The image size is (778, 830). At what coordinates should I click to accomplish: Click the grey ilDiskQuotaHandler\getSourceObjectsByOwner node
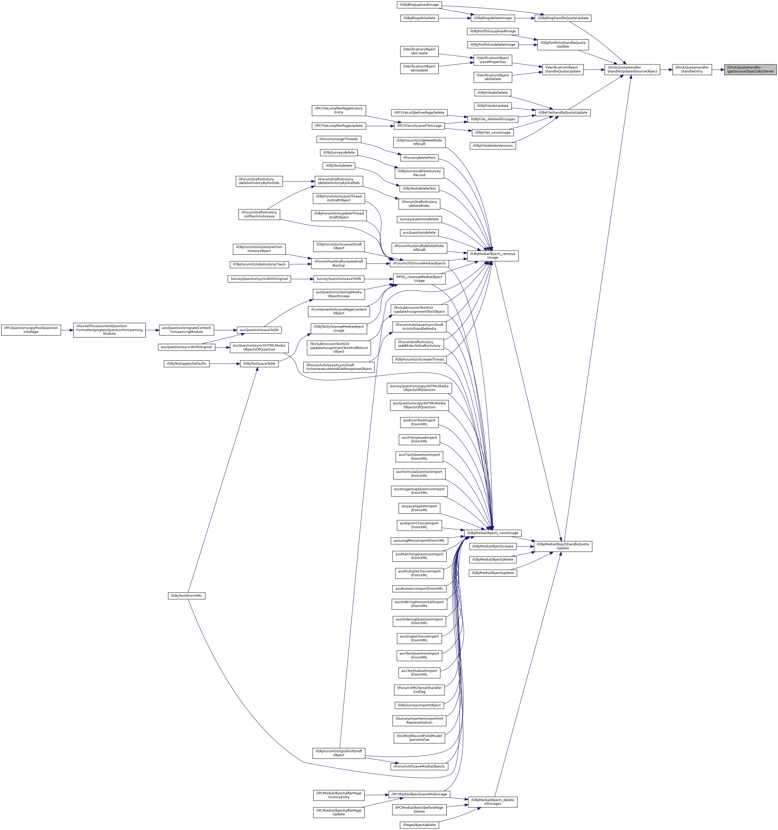[x=750, y=69]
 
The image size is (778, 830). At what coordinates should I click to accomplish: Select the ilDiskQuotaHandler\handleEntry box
[x=692, y=69]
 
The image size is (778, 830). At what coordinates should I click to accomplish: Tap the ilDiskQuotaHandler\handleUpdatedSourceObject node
[x=632, y=69]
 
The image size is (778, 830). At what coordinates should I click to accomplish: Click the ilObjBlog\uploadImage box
[x=419, y=4]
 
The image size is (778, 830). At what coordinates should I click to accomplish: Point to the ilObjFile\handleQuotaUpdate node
[x=562, y=112]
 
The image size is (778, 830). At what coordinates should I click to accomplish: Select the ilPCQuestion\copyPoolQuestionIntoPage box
[x=31, y=330]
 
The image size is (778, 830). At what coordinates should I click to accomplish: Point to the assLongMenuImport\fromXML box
[x=419, y=540]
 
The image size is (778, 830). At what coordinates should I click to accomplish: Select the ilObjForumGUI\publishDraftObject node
[x=339, y=753]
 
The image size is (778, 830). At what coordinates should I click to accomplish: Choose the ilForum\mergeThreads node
[x=339, y=139]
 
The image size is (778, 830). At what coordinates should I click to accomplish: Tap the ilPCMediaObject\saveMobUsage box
[x=419, y=794]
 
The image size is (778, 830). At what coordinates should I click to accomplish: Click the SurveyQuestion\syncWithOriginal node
[x=259, y=279]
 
